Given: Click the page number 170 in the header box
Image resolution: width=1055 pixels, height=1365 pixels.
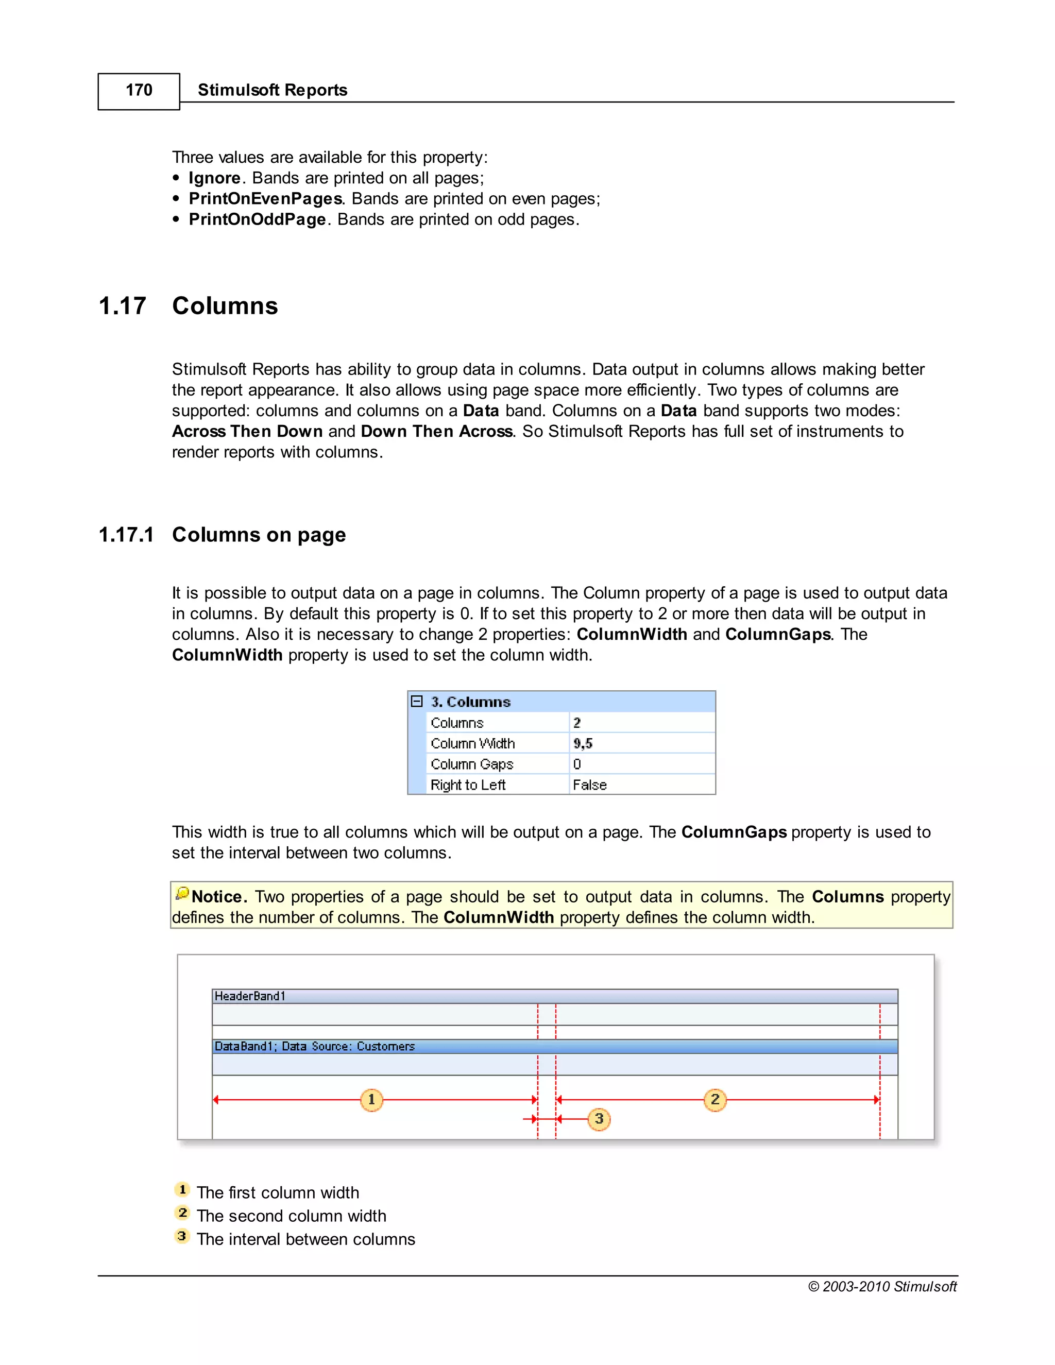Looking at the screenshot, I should [139, 91].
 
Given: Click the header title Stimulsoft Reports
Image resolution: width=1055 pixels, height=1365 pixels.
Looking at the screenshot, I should [272, 90].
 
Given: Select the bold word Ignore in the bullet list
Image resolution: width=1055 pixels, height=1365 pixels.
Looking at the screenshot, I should [214, 178].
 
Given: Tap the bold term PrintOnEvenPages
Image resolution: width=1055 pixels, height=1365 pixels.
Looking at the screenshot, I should [265, 199].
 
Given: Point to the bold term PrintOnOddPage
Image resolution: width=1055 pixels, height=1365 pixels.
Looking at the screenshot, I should [257, 219].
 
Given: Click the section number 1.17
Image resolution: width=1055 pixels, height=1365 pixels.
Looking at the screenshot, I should [123, 306].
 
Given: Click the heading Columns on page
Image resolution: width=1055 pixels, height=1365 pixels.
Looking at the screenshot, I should [259, 535].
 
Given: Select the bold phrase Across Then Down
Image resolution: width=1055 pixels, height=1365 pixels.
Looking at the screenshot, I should [247, 432].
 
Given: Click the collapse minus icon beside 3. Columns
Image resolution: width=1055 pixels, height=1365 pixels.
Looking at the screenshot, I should [417, 701].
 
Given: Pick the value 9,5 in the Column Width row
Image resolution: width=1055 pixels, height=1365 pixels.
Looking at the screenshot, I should [583, 744].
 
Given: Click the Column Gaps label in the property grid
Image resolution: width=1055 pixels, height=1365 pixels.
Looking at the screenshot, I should [472, 764].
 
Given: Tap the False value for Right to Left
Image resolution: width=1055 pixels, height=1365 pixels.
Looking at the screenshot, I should [589, 785].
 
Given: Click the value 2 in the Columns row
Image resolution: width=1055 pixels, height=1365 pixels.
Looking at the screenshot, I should [577, 723].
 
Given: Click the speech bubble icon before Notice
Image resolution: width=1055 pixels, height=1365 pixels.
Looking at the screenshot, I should [182, 894].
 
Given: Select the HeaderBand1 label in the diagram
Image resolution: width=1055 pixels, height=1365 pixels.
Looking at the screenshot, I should [249, 996].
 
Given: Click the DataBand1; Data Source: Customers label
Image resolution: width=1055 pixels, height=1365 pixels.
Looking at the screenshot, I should [314, 1046].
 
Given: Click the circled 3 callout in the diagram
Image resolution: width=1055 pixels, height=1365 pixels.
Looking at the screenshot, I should [599, 1119].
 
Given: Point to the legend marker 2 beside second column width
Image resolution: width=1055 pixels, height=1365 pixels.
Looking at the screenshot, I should [182, 1213].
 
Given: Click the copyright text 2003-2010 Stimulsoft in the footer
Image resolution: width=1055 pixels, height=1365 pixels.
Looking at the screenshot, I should [882, 1286].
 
